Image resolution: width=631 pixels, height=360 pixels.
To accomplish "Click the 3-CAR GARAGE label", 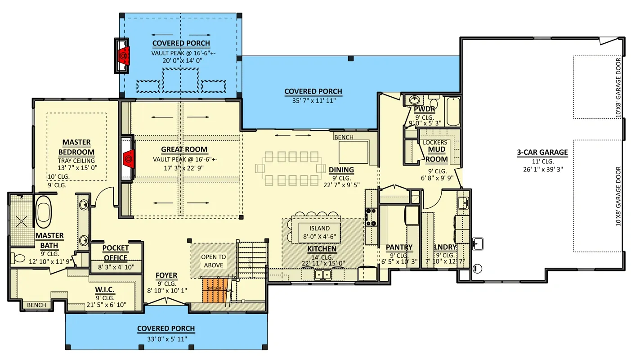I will click(542, 153).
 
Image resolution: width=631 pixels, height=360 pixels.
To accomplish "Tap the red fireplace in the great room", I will click(128, 158).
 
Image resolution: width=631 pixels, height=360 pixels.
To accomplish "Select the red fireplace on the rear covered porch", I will click(123, 55).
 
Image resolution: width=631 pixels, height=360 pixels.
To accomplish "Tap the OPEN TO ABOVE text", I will click(213, 261).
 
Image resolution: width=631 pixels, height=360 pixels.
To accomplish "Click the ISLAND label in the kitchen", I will click(319, 229).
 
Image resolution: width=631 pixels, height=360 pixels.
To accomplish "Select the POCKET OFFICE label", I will click(115, 253).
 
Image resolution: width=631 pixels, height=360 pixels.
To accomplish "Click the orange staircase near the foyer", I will click(214, 290).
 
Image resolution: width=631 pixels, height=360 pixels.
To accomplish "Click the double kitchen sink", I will click(322, 274).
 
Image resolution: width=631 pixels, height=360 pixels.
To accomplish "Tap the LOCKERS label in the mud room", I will click(435, 143).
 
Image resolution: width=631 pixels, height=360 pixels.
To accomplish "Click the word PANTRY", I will click(399, 247).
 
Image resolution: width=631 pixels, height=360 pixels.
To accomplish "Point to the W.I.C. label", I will click(105, 290).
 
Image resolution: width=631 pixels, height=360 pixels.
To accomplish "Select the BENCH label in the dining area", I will click(344, 137).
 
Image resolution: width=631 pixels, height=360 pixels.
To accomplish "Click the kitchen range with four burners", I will click(371, 216).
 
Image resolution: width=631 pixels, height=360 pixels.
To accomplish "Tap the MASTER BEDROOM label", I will click(76, 147).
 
